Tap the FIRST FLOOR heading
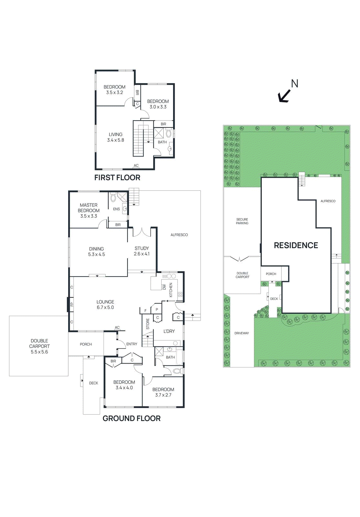[117, 177]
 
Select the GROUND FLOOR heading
[131, 418]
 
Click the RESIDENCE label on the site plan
[296, 245]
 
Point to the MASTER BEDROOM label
[88, 208]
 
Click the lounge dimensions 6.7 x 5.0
[105, 307]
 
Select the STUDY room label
[142, 248]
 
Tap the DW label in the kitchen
[164, 287]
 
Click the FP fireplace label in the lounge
[72, 304]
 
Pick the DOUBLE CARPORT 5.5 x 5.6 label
[39, 346]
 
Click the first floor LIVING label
[116, 134]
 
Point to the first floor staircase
[139, 139]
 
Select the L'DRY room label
[169, 331]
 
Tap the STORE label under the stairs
[148, 324]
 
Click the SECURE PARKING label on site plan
[242, 221]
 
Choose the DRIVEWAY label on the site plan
[242, 333]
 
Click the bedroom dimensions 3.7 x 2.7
[163, 395]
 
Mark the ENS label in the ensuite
[116, 209]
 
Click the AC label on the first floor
[136, 165]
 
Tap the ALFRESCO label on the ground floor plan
[179, 235]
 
